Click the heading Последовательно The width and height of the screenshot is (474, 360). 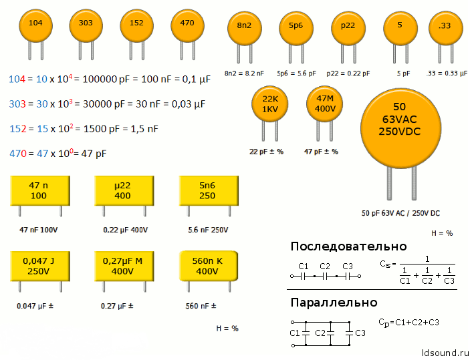coord(348,246)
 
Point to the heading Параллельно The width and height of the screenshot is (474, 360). coord(334,303)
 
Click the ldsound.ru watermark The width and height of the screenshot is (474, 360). coord(445,353)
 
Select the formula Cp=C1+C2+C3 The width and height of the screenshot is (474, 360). coord(408,323)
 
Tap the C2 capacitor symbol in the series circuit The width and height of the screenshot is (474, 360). coord(325,276)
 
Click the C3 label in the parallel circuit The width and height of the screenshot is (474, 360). coord(360,333)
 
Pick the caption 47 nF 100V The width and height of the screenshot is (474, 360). coord(38,230)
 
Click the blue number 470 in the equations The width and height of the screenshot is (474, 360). coord(18,154)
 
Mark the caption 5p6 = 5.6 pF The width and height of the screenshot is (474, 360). coord(296,73)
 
